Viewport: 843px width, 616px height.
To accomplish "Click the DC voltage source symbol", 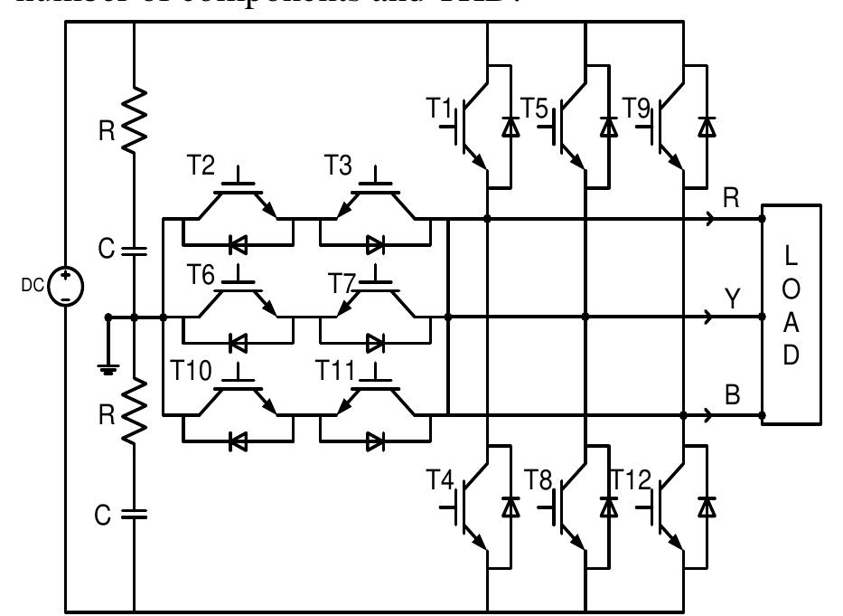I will coord(66,290).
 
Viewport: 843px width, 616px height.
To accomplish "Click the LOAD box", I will coord(791,314).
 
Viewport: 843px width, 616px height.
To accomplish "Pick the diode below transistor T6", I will coord(239,344).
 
